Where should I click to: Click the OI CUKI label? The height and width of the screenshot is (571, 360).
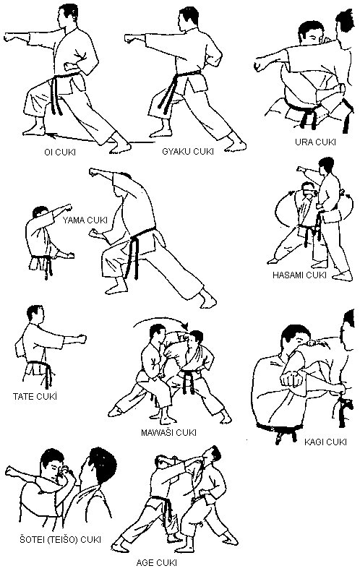[x=60, y=152]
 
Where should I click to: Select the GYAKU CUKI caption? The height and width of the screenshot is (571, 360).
[x=188, y=152]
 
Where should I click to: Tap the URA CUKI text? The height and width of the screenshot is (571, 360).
[x=315, y=142]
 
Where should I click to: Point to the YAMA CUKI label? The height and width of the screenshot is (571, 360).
[x=85, y=220]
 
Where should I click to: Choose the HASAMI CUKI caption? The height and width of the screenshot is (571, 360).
[x=299, y=275]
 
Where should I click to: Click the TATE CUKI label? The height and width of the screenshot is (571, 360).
[x=35, y=396]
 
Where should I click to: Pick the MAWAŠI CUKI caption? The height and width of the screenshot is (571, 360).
[x=168, y=432]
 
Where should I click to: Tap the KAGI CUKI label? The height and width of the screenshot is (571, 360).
[x=325, y=442]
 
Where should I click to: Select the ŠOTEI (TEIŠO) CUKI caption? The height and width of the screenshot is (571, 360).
[x=60, y=540]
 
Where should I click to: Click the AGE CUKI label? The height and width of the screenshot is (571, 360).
[x=157, y=562]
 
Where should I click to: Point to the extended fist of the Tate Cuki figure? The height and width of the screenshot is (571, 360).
[x=81, y=340]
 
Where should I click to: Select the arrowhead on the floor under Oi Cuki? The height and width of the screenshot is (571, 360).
[x=49, y=135]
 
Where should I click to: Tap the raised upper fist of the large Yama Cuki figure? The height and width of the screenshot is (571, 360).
[x=95, y=172]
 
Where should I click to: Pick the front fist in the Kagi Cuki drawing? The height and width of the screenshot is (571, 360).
[x=291, y=379]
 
